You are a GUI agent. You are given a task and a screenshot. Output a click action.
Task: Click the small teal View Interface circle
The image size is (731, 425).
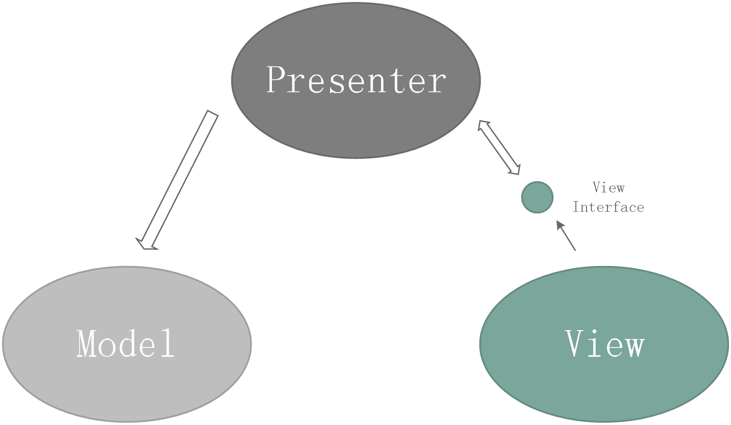point(537,197)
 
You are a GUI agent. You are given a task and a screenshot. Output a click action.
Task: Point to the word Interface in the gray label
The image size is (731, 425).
point(608,207)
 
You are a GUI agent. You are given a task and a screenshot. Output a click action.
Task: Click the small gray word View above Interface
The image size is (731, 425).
point(608,188)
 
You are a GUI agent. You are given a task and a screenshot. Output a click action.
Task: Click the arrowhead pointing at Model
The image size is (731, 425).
point(146,244)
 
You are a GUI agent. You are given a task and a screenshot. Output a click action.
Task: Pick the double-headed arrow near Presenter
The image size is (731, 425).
point(499,147)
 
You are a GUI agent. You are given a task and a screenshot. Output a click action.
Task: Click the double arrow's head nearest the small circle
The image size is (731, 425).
point(515,169)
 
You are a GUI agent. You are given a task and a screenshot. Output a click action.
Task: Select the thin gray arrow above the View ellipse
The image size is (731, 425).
point(566,236)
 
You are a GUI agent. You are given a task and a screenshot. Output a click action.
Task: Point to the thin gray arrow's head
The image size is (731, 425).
point(559,224)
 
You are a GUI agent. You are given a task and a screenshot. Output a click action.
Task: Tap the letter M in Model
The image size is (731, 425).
point(88,344)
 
